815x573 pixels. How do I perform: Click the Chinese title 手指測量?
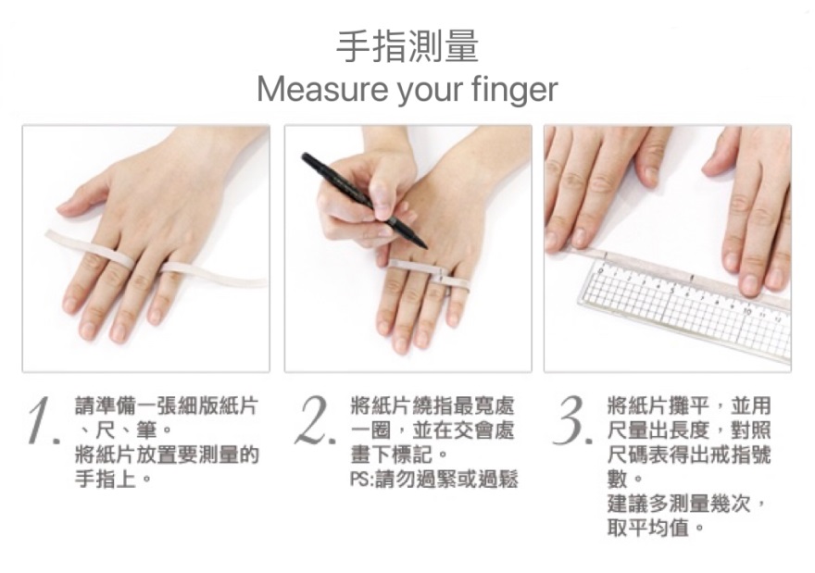coord(407,47)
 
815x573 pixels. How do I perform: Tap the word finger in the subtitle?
coord(515,91)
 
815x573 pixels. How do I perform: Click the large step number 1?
coord(41,421)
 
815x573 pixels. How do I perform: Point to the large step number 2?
coord(313,421)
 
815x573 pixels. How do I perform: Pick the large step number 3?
coord(571,421)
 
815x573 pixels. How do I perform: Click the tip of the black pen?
coord(426,247)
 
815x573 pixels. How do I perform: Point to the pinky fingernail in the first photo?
coord(155,317)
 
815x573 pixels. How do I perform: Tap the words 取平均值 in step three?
coord(647,529)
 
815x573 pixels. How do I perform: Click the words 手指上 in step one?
coord(106,479)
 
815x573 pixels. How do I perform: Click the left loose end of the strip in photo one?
coord(49,235)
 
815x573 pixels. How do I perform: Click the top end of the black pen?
coord(305,156)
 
